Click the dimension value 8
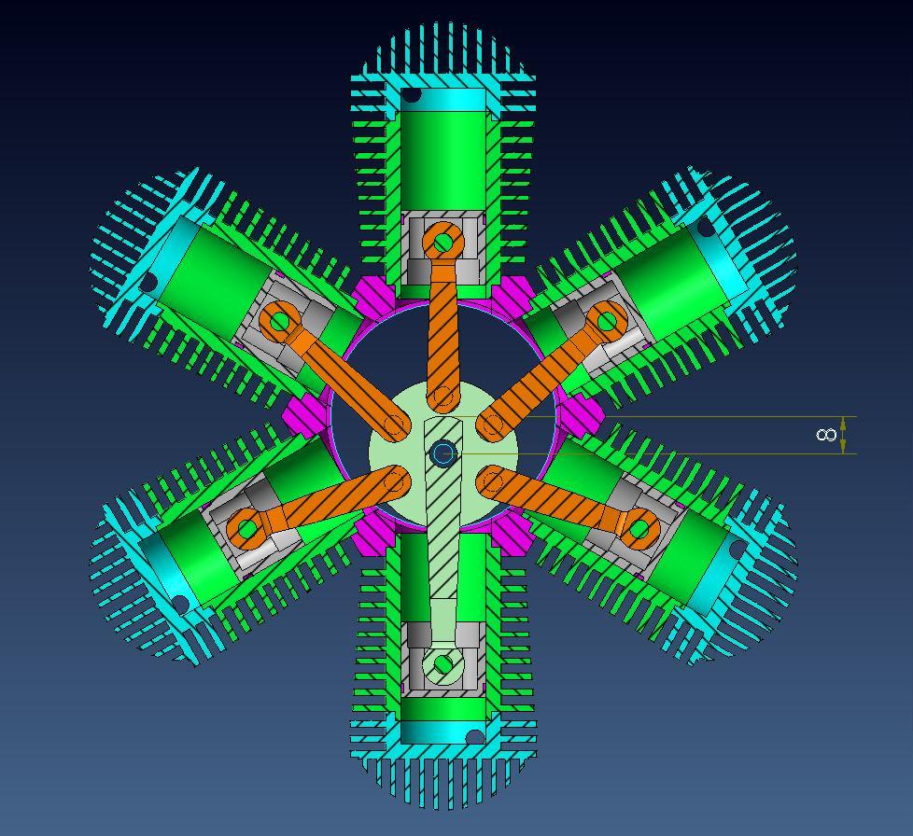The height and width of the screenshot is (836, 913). point(826,435)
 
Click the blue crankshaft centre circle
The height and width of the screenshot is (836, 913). point(443,454)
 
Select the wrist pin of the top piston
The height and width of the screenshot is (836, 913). point(443,243)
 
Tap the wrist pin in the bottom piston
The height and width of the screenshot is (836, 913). point(443,664)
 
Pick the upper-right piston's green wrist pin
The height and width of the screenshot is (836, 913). point(608,322)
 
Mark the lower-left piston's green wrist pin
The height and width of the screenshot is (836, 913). point(247,530)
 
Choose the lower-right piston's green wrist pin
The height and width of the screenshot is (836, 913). point(639,530)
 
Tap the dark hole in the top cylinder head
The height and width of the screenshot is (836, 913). point(412,96)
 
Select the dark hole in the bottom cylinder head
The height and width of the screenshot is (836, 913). point(475,738)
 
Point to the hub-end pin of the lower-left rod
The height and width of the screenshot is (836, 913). point(396,481)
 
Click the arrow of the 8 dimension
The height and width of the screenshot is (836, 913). point(844,435)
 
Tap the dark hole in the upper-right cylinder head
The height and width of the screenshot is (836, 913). point(706,227)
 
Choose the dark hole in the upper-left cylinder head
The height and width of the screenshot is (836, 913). point(148,282)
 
